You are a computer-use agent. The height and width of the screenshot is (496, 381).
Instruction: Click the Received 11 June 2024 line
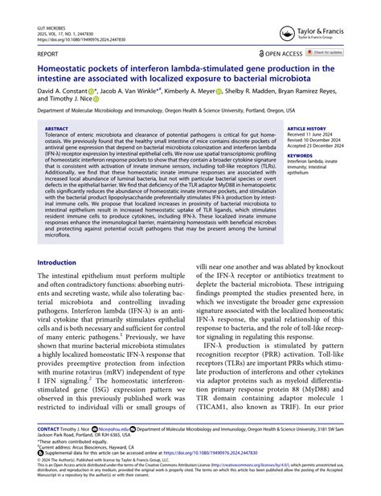tap(313, 134)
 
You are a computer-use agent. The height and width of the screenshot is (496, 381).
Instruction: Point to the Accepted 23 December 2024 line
tap(317, 146)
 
